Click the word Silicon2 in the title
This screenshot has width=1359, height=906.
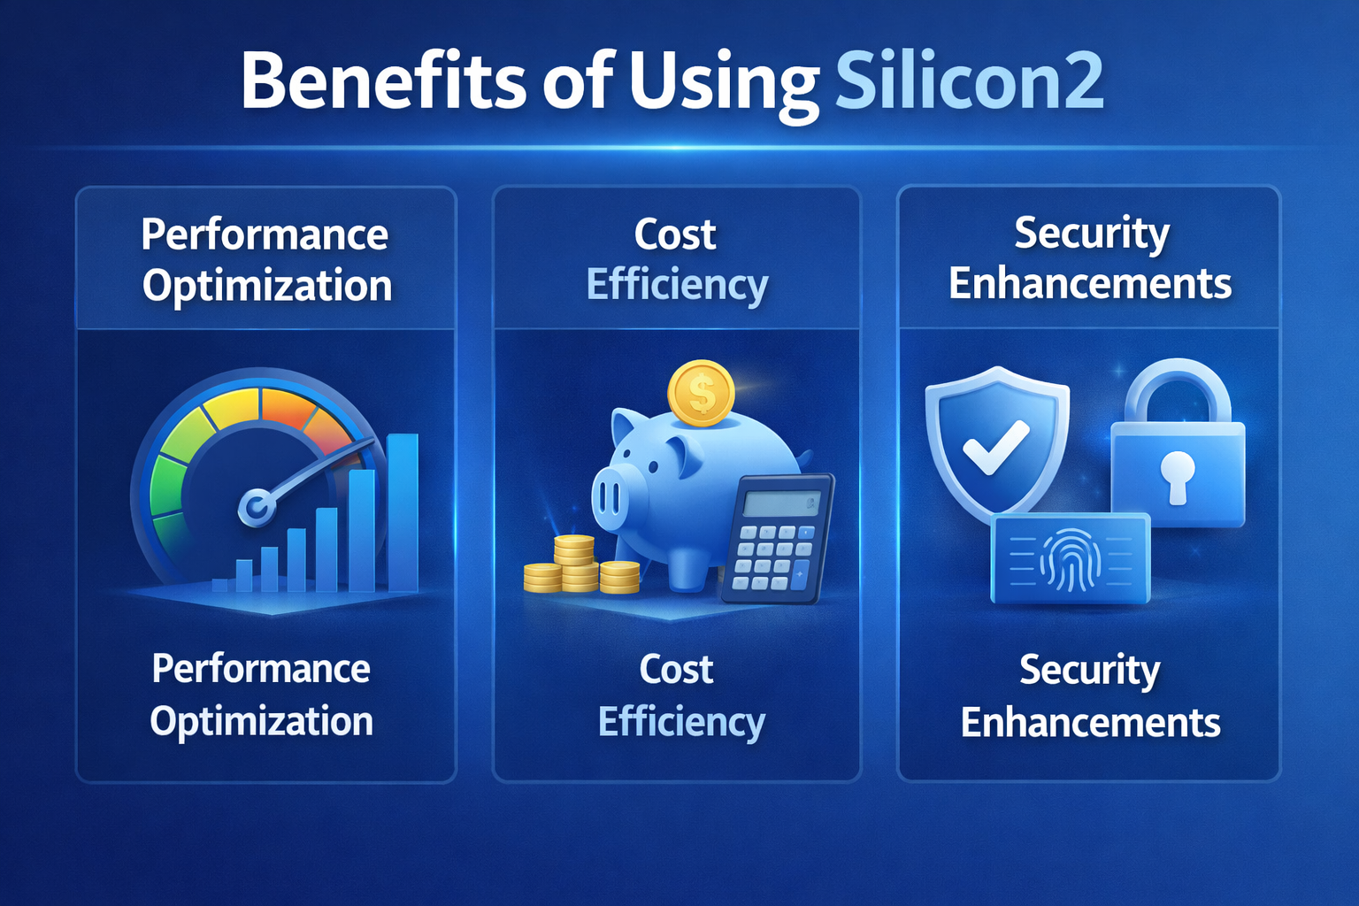point(969,81)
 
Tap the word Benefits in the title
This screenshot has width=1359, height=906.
point(383,81)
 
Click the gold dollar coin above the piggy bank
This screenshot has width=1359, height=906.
point(701,393)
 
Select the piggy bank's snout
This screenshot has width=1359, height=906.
point(609,499)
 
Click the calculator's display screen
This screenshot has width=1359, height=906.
point(781,503)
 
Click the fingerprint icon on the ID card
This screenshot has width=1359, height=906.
point(1071,560)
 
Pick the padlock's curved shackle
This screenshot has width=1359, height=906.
point(1178,389)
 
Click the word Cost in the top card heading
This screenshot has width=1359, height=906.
point(675,234)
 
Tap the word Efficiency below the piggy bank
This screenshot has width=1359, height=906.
point(681,721)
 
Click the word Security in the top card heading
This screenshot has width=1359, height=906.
point(1092,234)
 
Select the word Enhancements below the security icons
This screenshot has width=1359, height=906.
point(1090,723)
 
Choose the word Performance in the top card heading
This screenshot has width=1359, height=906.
point(265,234)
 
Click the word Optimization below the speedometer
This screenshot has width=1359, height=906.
point(262,721)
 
